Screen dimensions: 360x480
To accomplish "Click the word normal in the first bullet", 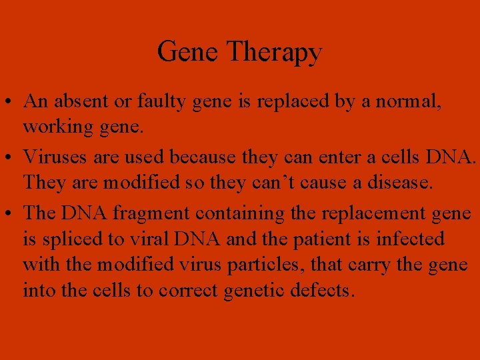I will [x=417, y=101].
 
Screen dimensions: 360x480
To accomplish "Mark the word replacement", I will [x=374, y=213].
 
